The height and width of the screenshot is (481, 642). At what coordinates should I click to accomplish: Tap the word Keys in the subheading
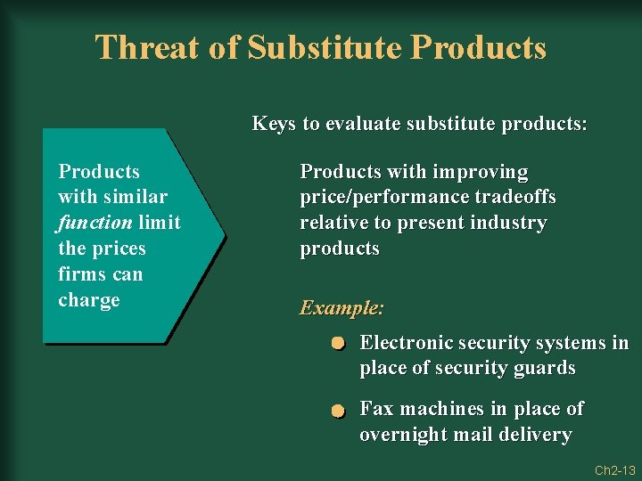tap(275, 123)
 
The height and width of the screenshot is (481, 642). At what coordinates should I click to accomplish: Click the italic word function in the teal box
tap(95, 222)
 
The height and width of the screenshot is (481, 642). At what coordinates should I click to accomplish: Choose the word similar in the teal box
tap(133, 196)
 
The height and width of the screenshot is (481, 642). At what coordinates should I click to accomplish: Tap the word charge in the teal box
tap(88, 300)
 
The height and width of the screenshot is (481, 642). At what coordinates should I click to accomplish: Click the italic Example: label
tap(342, 308)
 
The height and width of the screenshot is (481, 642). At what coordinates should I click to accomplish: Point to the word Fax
tap(376, 409)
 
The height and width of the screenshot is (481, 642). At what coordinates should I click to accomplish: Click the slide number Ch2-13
tap(614, 469)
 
